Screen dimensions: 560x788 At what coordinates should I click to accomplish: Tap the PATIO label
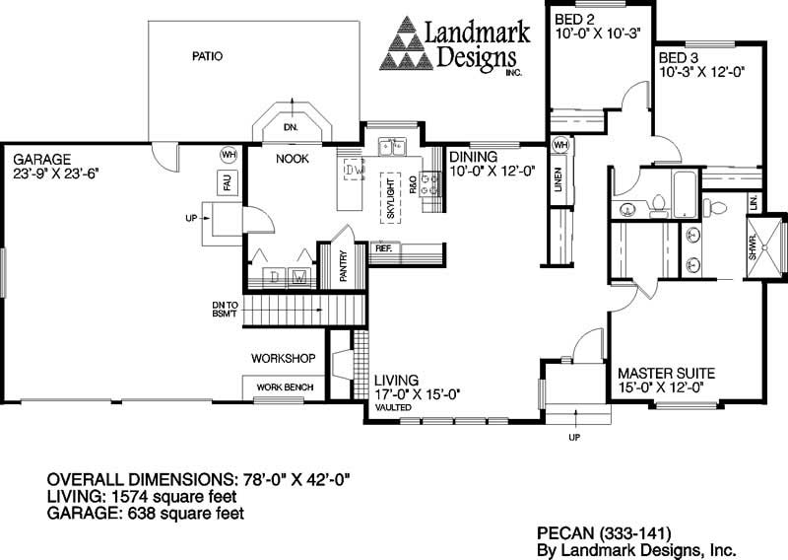point(207,56)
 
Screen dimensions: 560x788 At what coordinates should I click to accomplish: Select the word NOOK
point(294,158)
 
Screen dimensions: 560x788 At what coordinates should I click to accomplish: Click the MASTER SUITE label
point(666,374)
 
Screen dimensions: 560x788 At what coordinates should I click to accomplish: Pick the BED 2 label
point(574,19)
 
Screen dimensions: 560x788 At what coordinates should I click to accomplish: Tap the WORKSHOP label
point(283,357)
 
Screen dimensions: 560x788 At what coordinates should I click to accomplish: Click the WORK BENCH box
point(280,387)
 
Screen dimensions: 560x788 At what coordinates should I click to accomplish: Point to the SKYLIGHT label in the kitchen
point(390,198)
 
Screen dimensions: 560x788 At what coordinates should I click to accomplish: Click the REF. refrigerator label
point(384,248)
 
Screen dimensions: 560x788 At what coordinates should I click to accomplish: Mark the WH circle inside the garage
point(229,155)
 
